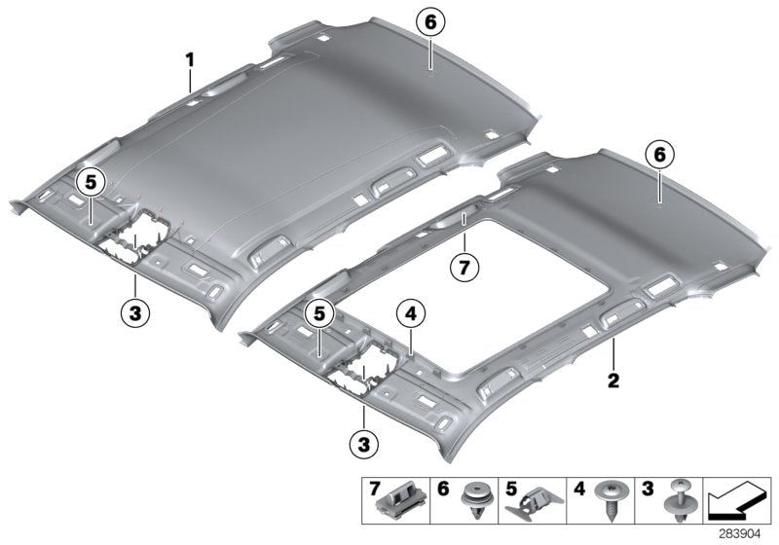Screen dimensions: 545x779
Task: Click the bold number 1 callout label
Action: (191, 60)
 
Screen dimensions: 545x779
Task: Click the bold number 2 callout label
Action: (614, 380)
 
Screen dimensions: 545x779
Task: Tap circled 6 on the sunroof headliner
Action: (659, 154)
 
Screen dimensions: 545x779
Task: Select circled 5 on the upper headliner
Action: (90, 180)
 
